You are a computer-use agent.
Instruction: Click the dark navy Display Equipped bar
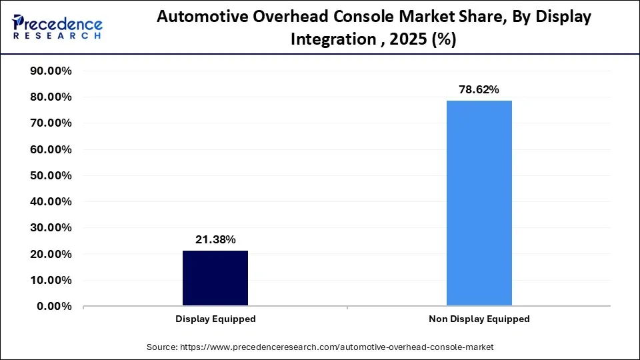[215, 278]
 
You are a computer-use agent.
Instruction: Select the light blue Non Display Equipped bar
[479, 203]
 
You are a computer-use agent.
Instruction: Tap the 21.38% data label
[215, 240]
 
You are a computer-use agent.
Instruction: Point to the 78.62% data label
[479, 89]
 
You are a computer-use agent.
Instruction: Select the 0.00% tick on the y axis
[54, 307]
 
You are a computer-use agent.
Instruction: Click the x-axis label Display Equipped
[215, 319]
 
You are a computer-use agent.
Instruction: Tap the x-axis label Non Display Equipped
[479, 319]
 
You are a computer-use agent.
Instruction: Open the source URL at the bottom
[320, 347]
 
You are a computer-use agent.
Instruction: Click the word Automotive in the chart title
[197, 17]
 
